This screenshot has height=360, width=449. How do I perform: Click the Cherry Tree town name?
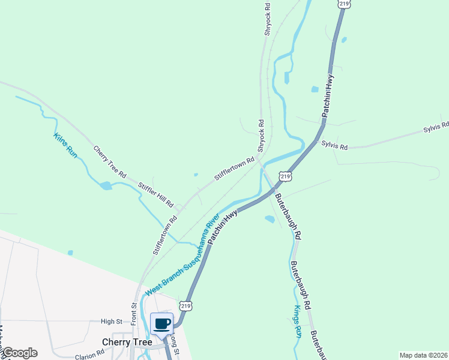[127, 341]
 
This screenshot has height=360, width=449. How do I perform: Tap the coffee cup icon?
[162, 324]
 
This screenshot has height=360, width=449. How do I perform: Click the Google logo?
[19, 353]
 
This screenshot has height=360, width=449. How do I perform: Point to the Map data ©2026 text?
[423, 355]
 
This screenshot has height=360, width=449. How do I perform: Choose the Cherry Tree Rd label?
[109, 161]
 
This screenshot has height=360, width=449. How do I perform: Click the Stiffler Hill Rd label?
[155, 194]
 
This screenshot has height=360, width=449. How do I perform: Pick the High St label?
[111, 322]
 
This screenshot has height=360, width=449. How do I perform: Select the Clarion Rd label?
[90, 355]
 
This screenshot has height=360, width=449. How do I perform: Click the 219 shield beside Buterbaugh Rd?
[285, 176]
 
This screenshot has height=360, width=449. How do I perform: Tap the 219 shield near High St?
[185, 306]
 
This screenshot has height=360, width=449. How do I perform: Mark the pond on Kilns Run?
[106, 185]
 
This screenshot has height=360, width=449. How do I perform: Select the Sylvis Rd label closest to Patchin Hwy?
[334, 145]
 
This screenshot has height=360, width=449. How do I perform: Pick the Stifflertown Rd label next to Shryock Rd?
[235, 170]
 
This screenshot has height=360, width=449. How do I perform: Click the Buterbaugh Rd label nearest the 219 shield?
[288, 216]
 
